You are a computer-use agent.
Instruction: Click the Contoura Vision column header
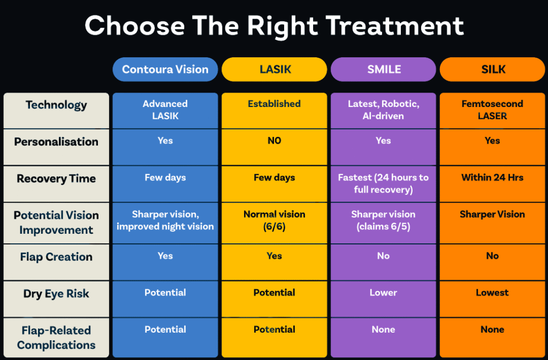[165, 69]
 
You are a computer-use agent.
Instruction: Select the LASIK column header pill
[275, 69]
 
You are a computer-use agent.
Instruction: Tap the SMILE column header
[383, 69]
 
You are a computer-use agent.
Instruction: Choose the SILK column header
[492, 69]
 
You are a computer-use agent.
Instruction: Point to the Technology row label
[56, 105]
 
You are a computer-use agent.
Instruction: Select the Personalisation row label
[56, 141]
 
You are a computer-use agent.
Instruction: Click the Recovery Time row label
[56, 179]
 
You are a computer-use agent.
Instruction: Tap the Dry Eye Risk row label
[56, 294]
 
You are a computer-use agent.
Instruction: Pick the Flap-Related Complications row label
[56, 338]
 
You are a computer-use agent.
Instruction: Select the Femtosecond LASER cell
[492, 110]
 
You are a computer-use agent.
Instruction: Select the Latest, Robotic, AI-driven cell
[383, 110]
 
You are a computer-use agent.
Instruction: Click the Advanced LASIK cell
[165, 110]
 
